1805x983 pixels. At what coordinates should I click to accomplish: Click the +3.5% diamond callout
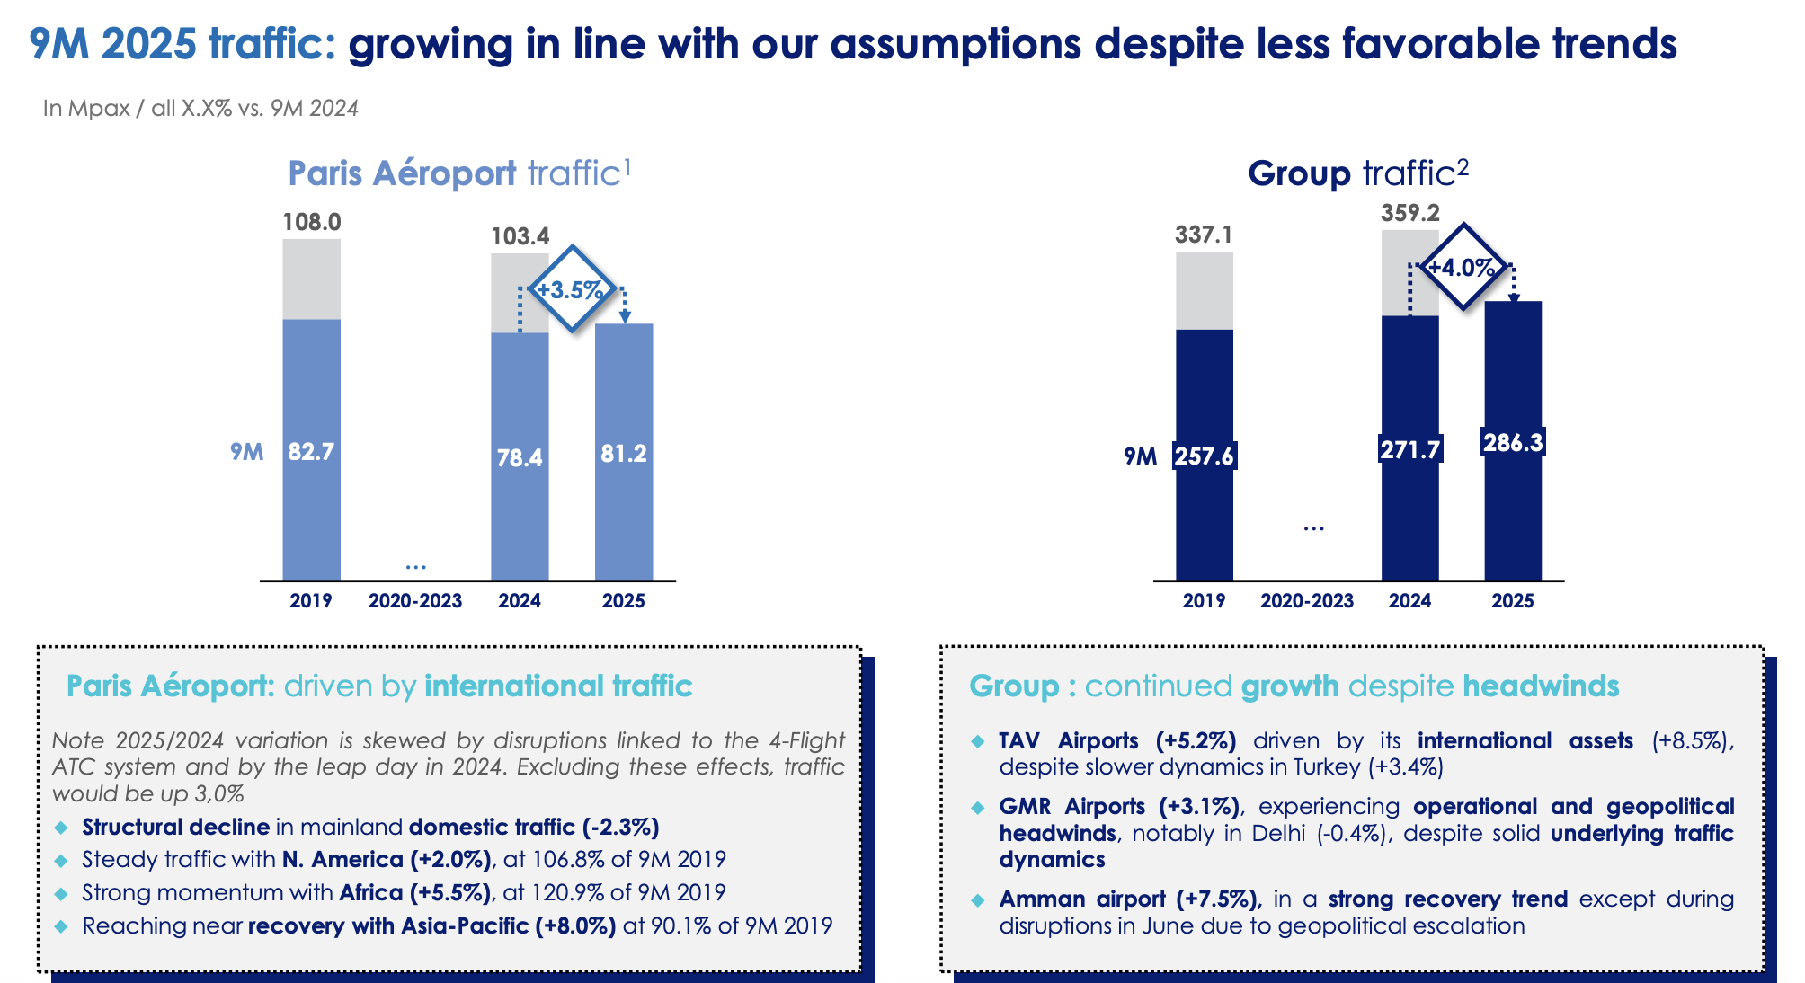click(572, 289)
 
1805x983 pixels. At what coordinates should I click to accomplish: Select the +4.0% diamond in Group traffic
click(1463, 267)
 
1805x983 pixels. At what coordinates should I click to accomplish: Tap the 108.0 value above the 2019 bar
click(312, 222)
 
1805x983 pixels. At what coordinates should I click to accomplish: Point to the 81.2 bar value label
click(624, 454)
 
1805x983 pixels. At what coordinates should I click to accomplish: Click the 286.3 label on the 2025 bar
click(1513, 442)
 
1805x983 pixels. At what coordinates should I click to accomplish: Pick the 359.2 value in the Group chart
click(1410, 213)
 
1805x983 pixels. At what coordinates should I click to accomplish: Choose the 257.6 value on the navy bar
click(1205, 456)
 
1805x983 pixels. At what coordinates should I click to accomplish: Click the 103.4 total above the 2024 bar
click(520, 236)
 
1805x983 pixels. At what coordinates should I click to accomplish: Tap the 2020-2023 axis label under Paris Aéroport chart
click(414, 601)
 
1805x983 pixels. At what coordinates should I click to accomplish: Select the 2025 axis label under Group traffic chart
click(1513, 601)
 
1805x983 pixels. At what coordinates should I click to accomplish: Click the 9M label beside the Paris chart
click(247, 452)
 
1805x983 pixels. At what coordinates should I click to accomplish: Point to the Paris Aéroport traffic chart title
click(459, 173)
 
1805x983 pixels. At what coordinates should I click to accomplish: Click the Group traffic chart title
click(1358, 173)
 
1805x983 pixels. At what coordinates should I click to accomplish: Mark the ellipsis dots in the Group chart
click(1313, 529)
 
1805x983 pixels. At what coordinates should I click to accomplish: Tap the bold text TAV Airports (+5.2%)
click(1117, 741)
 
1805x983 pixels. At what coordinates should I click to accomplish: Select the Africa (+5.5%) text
click(415, 893)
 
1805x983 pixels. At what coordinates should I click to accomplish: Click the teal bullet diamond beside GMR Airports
click(978, 808)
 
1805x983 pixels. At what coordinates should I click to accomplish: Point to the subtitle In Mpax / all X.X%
click(200, 109)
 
